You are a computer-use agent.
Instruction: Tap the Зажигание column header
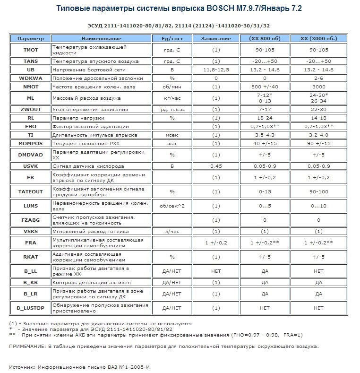[x=215, y=38]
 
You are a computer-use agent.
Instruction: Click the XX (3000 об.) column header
[x=318, y=38]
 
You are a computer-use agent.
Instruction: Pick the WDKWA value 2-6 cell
[x=318, y=78]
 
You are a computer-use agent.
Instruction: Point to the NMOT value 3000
[x=318, y=87]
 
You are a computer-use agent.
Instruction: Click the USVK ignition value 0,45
[x=215, y=166]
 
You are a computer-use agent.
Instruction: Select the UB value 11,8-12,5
[x=215, y=69]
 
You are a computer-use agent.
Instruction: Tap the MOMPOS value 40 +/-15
[x=265, y=143]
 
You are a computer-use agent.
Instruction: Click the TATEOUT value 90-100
[x=318, y=191]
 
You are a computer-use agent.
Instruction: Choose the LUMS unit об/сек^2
[x=175, y=206]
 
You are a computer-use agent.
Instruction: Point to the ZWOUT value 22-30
[x=318, y=109]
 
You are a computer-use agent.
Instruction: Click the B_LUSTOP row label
[x=30, y=308]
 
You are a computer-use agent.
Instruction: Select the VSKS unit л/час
[x=175, y=231]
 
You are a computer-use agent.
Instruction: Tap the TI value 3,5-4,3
[x=265, y=135]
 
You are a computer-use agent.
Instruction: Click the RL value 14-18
[x=318, y=118]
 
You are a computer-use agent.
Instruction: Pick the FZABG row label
[x=30, y=220]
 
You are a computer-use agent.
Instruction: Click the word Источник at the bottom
[x=22, y=366]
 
